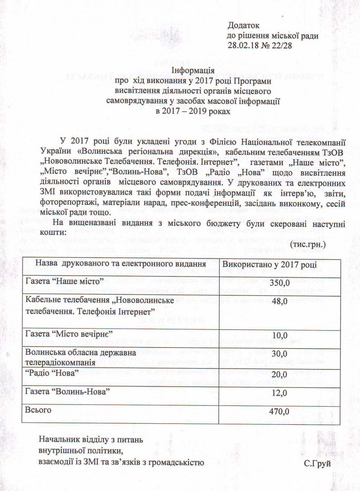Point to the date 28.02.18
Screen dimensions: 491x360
[x=243, y=45]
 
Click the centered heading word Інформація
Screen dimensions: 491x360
[x=193, y=70]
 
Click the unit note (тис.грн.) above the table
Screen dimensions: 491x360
[x=308, y=244]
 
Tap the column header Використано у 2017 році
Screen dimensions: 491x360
[x=272, y=264]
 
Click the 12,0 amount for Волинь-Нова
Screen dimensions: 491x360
[x=281, y=393]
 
